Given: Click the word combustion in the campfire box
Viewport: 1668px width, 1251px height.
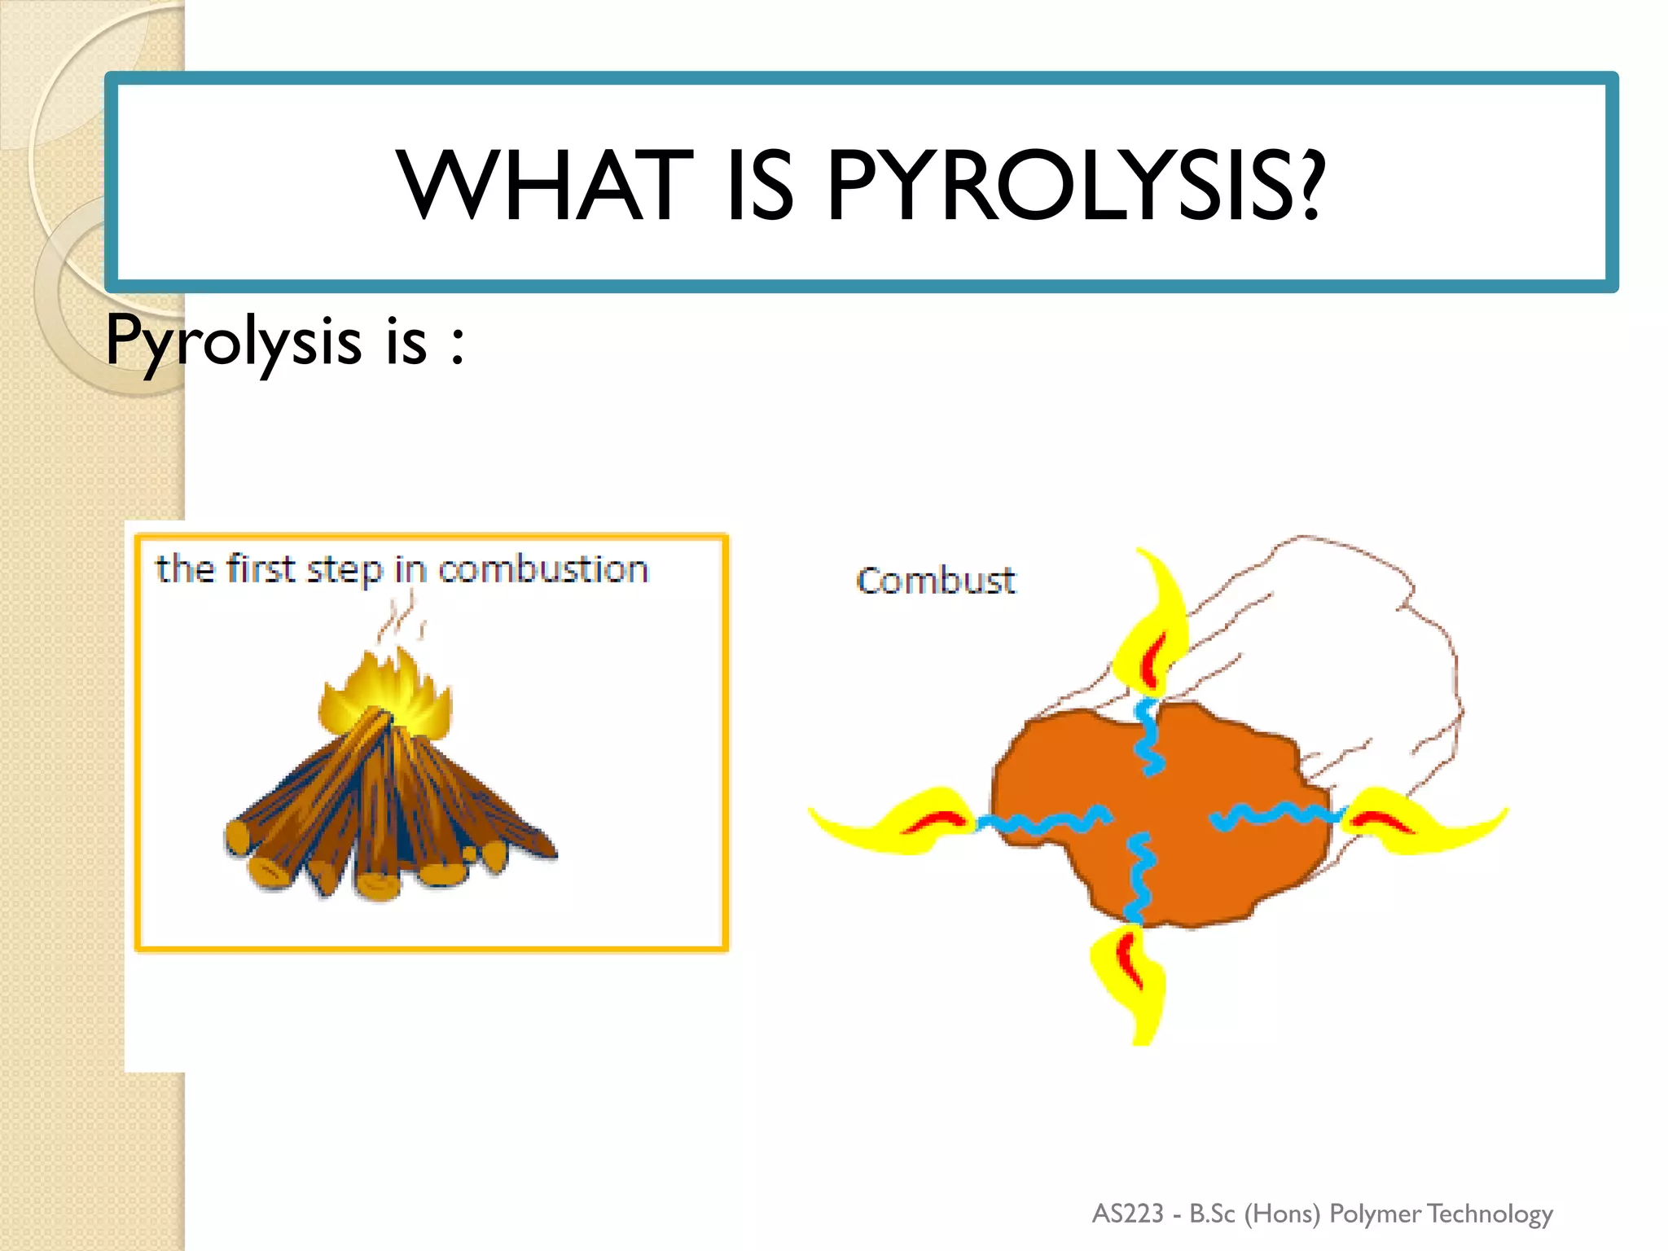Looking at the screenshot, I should [543, 568].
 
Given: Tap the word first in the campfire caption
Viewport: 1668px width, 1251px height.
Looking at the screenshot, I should [261, 568].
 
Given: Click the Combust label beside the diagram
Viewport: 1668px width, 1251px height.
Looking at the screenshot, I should [936, 581].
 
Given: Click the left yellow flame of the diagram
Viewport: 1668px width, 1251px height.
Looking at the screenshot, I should [896, 821].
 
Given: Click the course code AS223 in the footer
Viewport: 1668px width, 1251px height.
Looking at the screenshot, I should [1127, 1214].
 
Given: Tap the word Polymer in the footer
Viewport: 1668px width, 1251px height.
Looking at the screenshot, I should [1375, 1214].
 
